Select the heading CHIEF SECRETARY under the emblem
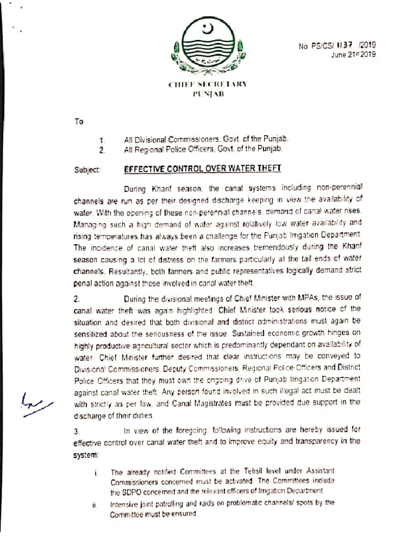(207, 84)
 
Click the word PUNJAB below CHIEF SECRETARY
(207, 94)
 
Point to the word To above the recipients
(79, 122)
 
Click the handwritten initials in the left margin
(37, 401)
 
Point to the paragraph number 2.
(76, 298)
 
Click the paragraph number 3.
(76, 430)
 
